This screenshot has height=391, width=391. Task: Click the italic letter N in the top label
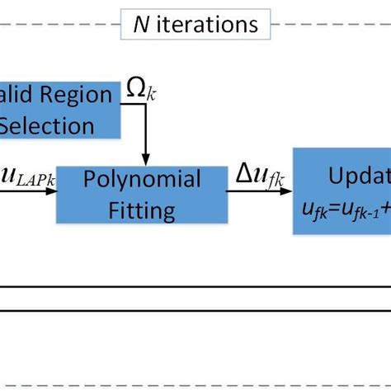(x=141, y=26)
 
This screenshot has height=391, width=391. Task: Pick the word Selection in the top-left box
(x=47, y=125)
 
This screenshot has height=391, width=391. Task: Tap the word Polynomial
(x=145, y=179)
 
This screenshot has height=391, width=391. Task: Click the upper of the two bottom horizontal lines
(x=195, y=287)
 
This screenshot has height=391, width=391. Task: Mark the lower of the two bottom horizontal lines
(x=195, y=311)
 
